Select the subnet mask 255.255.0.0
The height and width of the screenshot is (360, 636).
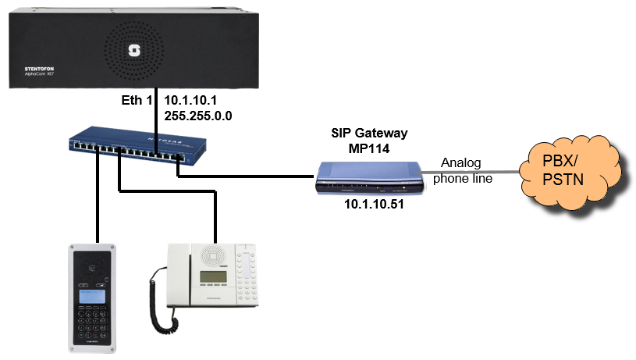198,115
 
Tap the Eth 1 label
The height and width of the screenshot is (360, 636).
137,100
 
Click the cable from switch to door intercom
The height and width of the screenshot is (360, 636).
98,203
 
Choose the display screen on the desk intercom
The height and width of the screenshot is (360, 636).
213,278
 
